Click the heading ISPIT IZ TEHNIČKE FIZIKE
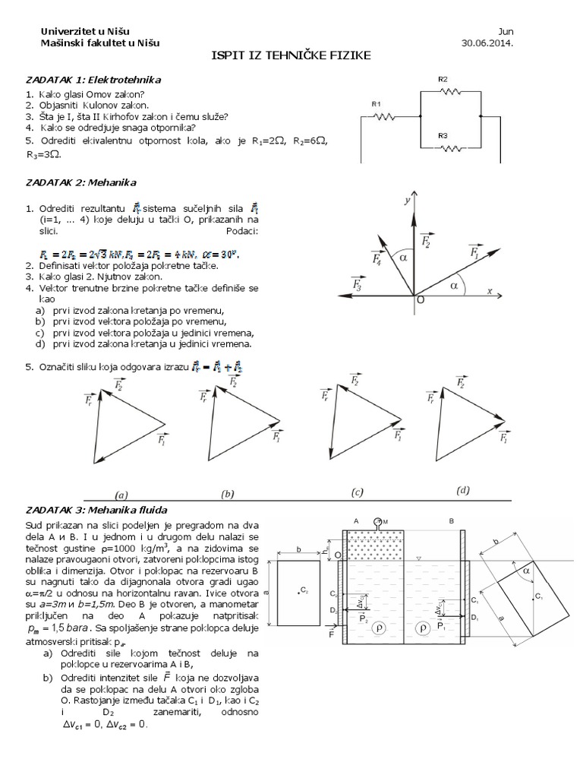coord(291,58)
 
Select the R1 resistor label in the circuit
coord(377,103)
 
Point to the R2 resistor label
coord(443,79)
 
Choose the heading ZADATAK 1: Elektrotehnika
coord(93,79)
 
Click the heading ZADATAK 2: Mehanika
coord(80,182)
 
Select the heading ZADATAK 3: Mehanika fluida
coord(96,509)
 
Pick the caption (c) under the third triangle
coord(357,492)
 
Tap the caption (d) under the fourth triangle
coord(463,491)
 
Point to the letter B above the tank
coord(451,521)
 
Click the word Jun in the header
coord(506,31)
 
